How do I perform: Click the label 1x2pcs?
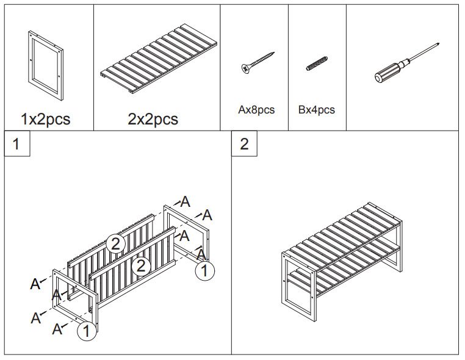click(45, 119)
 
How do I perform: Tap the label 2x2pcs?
click(153, 119)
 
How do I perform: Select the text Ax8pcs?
click(256, 110)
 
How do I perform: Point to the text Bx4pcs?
click(317, 110)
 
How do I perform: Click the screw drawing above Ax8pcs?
click(257, 63)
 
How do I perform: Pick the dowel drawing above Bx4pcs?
click(317, 63)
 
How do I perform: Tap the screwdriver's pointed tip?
click(439, 44)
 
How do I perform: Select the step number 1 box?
click(17, 143)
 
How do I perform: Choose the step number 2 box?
click(244, 143)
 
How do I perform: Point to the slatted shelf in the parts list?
click(159, 61)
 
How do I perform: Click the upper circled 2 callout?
click(115, 243)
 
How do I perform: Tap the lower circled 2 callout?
click(141, 265)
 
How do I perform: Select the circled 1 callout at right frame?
click(204, 270)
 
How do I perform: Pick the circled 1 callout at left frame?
click(87, 331)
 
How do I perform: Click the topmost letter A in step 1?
click(185, 201)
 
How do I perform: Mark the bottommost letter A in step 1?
click(57, 329)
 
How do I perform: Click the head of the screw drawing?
click(245, 69)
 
